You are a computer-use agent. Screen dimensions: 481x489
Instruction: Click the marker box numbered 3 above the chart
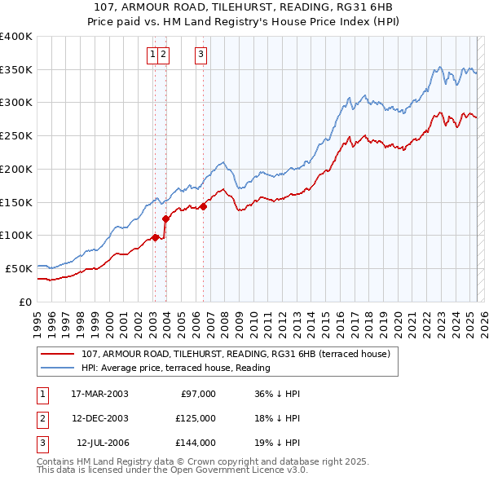[200, 55]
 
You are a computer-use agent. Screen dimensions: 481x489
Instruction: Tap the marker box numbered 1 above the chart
[152, 55]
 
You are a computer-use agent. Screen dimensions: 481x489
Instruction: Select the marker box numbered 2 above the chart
[163, 55]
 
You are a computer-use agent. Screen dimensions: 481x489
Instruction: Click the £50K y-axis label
[18, 268]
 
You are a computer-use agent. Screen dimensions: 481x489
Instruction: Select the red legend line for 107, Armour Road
[57, 355]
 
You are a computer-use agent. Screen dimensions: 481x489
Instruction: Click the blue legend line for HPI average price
[57, 367]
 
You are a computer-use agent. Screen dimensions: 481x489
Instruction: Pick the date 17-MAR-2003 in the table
[100, 394]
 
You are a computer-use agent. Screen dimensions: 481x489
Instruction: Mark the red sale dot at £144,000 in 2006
[204, 206]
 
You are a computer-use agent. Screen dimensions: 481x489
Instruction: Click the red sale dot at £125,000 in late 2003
[165, 218]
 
